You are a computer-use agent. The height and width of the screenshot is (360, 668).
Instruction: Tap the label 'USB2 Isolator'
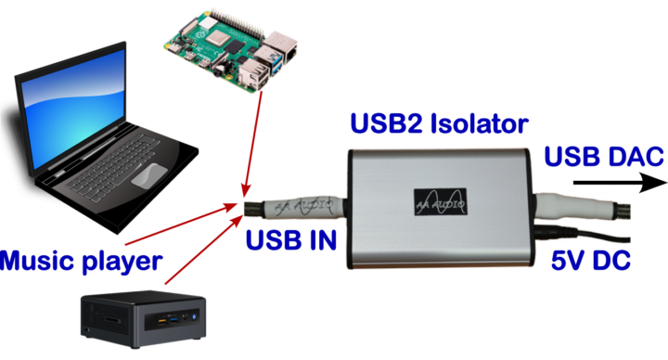[x=439, y=124]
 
